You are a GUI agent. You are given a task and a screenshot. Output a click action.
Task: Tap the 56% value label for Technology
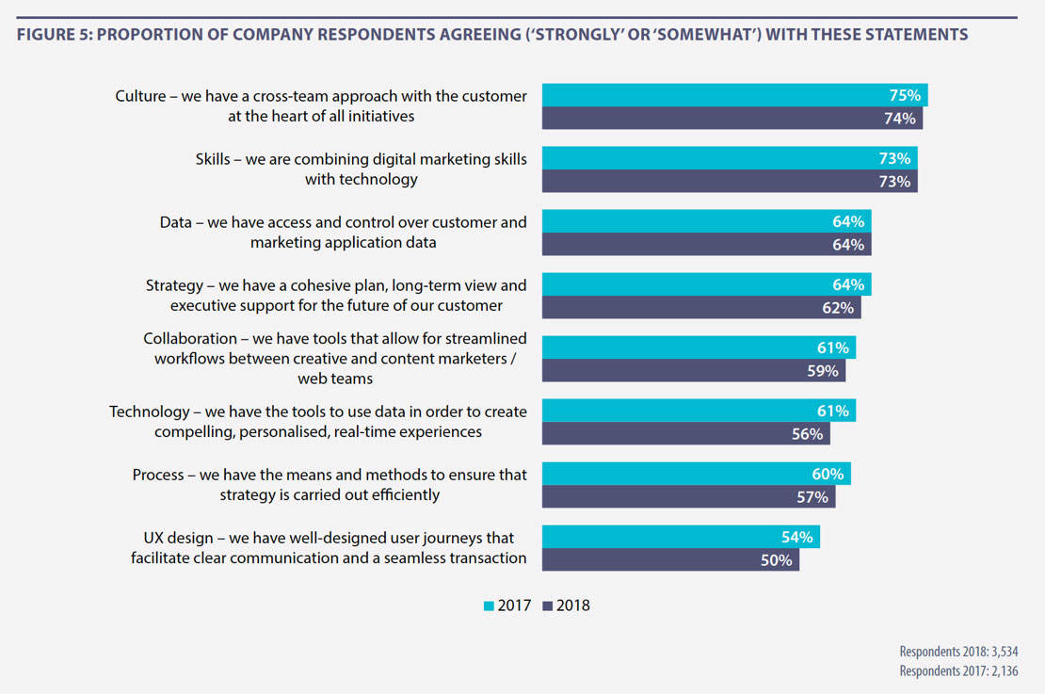pos(808,434)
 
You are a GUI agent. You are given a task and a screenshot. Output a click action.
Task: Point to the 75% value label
pos(905,95)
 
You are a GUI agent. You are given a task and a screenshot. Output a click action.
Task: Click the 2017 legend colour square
pos(488,606)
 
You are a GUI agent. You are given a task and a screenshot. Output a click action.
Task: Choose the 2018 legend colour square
pos(548,606)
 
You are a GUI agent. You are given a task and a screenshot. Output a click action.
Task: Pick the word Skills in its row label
pos(212,159)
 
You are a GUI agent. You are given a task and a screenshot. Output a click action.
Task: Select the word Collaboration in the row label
pos(190,338)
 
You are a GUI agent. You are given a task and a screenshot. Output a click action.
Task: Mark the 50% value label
pos(777,560)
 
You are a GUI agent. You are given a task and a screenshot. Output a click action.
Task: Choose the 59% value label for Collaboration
pos(823,371)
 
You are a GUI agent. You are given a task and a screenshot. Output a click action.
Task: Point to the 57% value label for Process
pos(812,497)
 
